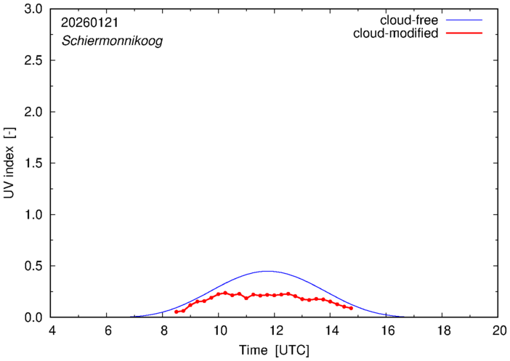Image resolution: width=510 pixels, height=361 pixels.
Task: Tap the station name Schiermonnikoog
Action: (111, 41)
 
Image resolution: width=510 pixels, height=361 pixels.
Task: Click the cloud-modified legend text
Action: (395, 33)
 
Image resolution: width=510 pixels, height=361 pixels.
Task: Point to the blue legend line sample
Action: (468, 20)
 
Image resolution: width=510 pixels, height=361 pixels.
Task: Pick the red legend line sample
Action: (468, 34)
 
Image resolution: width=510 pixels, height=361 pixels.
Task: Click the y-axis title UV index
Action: (9, 164)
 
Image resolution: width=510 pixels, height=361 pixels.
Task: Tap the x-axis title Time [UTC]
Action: (274, 351)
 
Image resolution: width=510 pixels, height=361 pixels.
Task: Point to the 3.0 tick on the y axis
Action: (33, 9)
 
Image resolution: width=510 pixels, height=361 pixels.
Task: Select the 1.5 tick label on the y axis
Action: (33, 163)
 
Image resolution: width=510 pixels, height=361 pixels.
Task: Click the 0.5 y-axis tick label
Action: (33, 267)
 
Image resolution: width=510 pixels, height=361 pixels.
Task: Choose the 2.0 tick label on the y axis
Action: (33, 112)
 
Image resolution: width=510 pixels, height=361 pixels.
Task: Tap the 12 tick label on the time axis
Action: (274, 331)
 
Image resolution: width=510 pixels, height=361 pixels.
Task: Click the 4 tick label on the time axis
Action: (51, 331)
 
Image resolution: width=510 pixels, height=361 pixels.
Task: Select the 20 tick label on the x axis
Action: (498, 331)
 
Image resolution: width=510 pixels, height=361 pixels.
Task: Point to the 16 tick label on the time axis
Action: (386, 331)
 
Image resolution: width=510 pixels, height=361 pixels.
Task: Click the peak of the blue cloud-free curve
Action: (267, 271)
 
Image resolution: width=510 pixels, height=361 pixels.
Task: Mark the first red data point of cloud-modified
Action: (177, 312)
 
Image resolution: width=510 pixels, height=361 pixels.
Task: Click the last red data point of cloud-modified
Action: (351, 308)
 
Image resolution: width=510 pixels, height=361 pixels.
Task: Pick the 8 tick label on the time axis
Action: (163, 331)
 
